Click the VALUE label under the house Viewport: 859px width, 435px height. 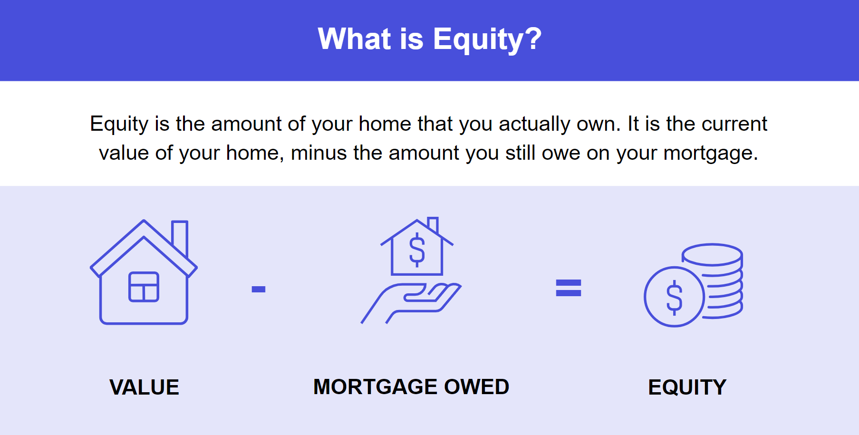click(144, 387)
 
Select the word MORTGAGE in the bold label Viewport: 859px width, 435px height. click(376, 387)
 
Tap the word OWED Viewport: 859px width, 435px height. click(476, 387)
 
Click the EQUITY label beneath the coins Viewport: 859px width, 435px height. click(687, 387)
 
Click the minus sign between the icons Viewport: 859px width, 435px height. click(259, 289)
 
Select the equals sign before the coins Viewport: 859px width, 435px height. click(569, 288)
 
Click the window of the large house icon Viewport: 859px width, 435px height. click(144, 287)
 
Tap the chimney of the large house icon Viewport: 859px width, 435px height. click(180, 238)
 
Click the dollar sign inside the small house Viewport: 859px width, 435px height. click(417, 250)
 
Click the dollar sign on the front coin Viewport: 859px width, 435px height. click(674, 297)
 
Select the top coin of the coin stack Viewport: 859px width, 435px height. click(712, 254)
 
